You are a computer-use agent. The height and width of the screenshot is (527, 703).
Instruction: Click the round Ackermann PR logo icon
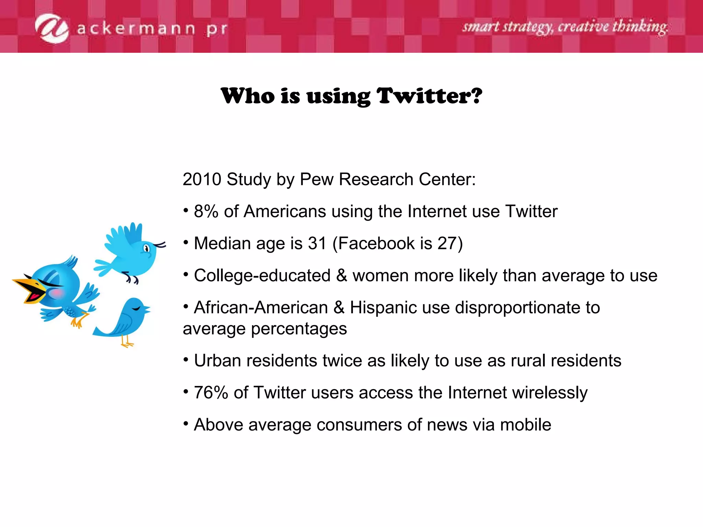(x=52, y=28)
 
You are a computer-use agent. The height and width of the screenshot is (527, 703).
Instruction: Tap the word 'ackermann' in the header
(x=136, y=29)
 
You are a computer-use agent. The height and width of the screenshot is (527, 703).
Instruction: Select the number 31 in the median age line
(x=317, y=243)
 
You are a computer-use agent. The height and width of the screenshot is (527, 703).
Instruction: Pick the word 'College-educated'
(x=262, y=276)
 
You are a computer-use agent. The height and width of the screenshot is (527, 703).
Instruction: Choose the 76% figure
(x=211, y=393)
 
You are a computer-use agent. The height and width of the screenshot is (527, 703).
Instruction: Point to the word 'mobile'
(x=526, y=425)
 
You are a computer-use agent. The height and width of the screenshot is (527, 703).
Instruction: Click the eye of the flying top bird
(x=147, y=248)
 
